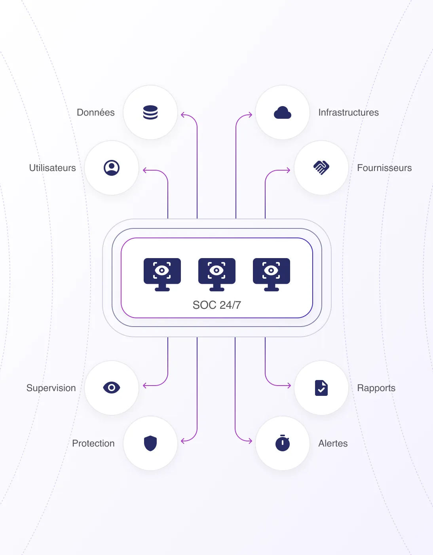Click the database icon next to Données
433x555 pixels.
pos(150,112)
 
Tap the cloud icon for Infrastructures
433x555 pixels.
pos(283,113)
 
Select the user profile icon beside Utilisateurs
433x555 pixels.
pos(112,168)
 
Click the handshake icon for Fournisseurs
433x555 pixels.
pos(321,168)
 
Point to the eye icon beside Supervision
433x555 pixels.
pos(112,388)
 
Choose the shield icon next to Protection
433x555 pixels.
pos(150,443)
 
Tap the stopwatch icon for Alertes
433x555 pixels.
pos(283,443)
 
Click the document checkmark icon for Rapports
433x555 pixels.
pos(321,388)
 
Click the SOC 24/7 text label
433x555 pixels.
pos(217,305)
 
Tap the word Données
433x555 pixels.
pos(96,112)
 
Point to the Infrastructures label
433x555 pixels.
pos(348,112)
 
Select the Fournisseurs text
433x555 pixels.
pos(384,168)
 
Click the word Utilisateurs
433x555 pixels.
pos(53,168)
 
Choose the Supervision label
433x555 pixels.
pos(51,388)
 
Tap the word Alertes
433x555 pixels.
pos(333,443)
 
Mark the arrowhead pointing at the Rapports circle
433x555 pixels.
pos(289,385)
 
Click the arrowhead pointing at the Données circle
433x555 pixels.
pos(182,115)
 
